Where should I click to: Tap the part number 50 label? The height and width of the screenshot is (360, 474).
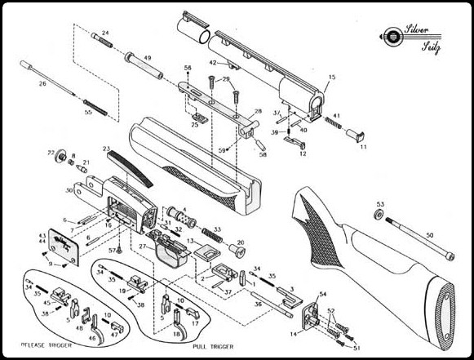tap(429, 235)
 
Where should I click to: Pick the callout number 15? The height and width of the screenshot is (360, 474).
tap(330, 77)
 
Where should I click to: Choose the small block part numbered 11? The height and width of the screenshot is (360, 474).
tap(357, 134)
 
